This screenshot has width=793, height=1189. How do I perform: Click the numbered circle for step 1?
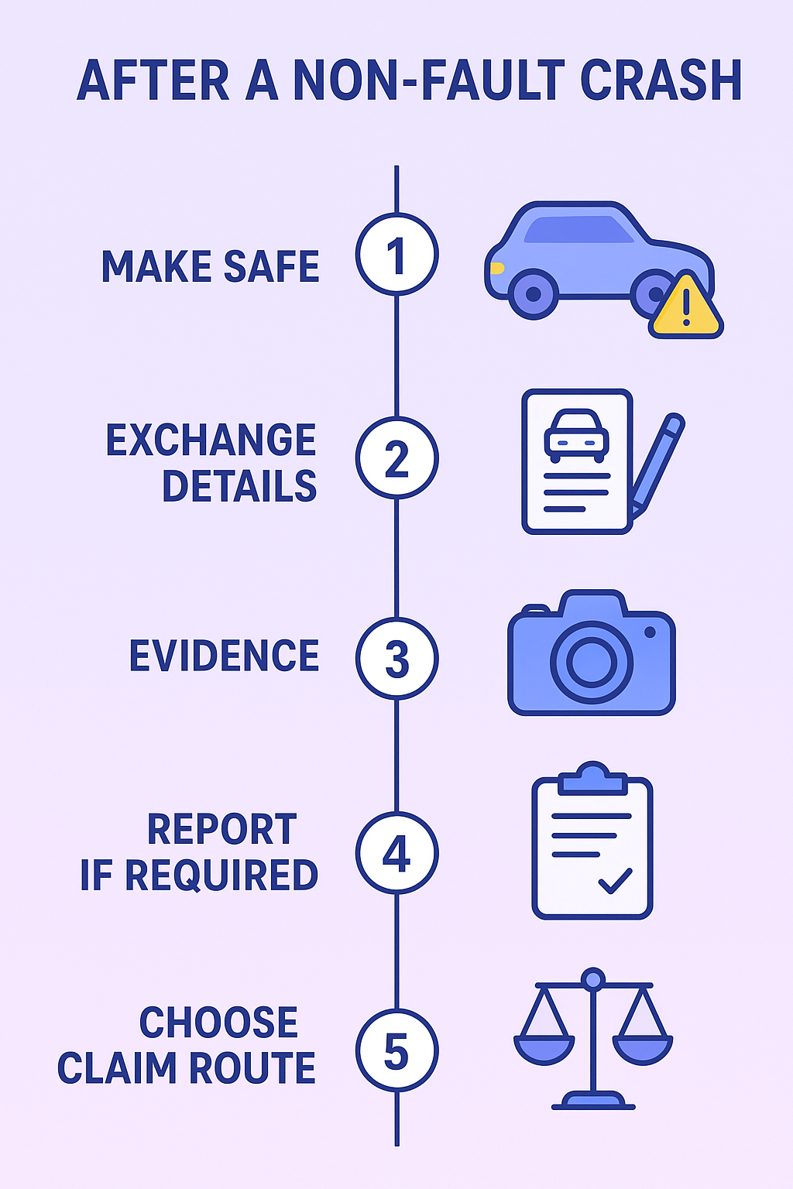396,254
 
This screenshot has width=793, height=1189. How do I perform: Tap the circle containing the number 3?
396,658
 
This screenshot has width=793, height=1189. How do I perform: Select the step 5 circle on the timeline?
396,1050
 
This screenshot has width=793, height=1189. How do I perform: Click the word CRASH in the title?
661,80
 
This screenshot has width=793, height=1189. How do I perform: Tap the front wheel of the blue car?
534,294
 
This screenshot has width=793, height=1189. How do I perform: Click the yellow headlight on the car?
496,268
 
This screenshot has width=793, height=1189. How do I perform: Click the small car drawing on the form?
576,436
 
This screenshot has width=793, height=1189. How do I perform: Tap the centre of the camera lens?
591,662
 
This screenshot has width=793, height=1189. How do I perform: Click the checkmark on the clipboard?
615,881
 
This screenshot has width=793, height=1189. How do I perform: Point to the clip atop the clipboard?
592,778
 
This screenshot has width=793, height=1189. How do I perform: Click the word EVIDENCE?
224,656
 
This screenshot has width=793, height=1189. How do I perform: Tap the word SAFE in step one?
271,266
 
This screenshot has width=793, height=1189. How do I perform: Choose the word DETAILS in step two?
239,485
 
